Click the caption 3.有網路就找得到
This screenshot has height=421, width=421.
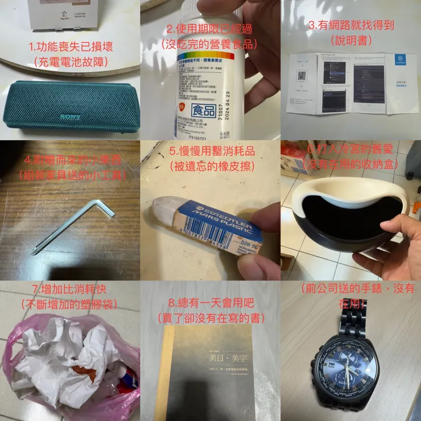pos(350,26)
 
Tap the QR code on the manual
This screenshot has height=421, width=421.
pos(302,76)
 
